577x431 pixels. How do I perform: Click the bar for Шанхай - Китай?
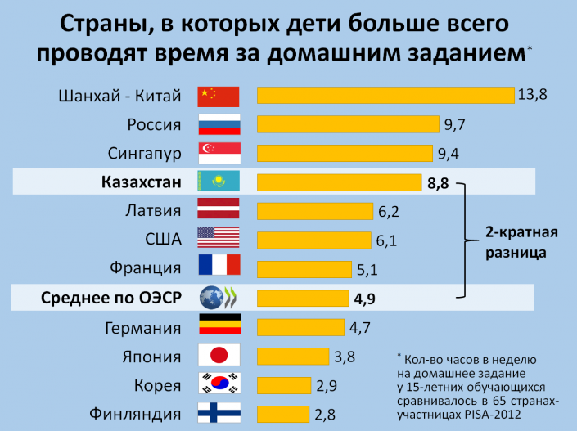[x=385, y=95]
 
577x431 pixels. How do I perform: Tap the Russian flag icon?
[x=219, y=124]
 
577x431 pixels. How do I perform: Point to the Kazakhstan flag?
[x=219, y=182]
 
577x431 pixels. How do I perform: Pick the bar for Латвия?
[x=316, y=211]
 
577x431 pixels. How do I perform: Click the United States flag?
[x=219, y=238]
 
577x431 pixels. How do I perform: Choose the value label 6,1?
[x=387, y=240]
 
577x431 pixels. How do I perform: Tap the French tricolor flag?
[x=219, y=267]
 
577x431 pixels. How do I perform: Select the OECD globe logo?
[x=219, y=297]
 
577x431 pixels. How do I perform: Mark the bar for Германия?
[x=300, y=327]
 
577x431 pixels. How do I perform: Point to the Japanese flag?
[x=219, y=355]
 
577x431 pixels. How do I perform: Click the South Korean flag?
[x=219, y=384]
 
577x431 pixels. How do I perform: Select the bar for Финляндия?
[x=283, y=413]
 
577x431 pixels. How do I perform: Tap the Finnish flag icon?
[x=219, y=412]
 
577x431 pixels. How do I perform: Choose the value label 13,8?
[x=532, y=94]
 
